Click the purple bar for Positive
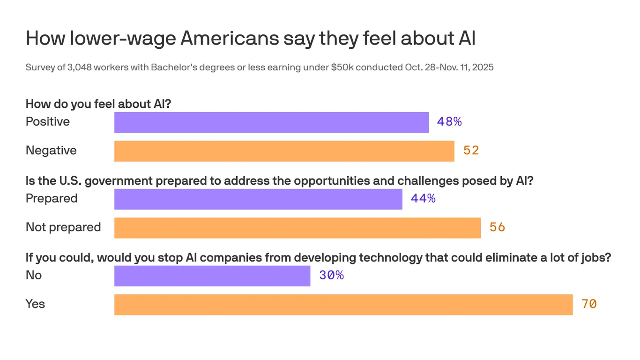(271, 122)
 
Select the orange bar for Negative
(284, 151)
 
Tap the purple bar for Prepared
(258, 199)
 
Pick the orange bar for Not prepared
(297, 228)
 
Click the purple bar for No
(212, 276)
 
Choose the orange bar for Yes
(343, 305)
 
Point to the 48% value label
(449, 122)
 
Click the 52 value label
(471, 150)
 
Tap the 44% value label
(423, 199)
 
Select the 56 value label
(497, 227)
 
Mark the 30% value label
(331, 276)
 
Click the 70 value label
(589, 304)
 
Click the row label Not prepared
(63, 227)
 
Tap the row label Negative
(51, 150)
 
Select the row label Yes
(35, 304)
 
